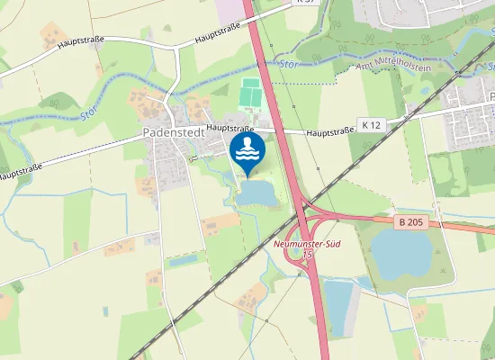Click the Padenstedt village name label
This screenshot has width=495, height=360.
point(172,132)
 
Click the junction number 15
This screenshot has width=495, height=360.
point(308,255)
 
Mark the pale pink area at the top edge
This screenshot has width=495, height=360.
point(230,9)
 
